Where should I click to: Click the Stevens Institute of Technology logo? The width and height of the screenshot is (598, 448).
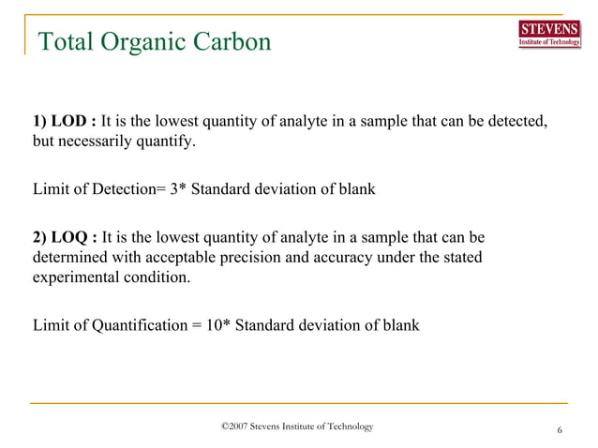tap(548, 35)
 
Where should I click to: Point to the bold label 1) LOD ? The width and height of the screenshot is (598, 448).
tap(65, 123)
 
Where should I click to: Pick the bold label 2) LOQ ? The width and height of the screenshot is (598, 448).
tap(65, 236)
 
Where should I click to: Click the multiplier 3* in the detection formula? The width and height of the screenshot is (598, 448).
tap(178, 189)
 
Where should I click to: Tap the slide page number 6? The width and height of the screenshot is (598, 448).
tap(560, 430)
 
